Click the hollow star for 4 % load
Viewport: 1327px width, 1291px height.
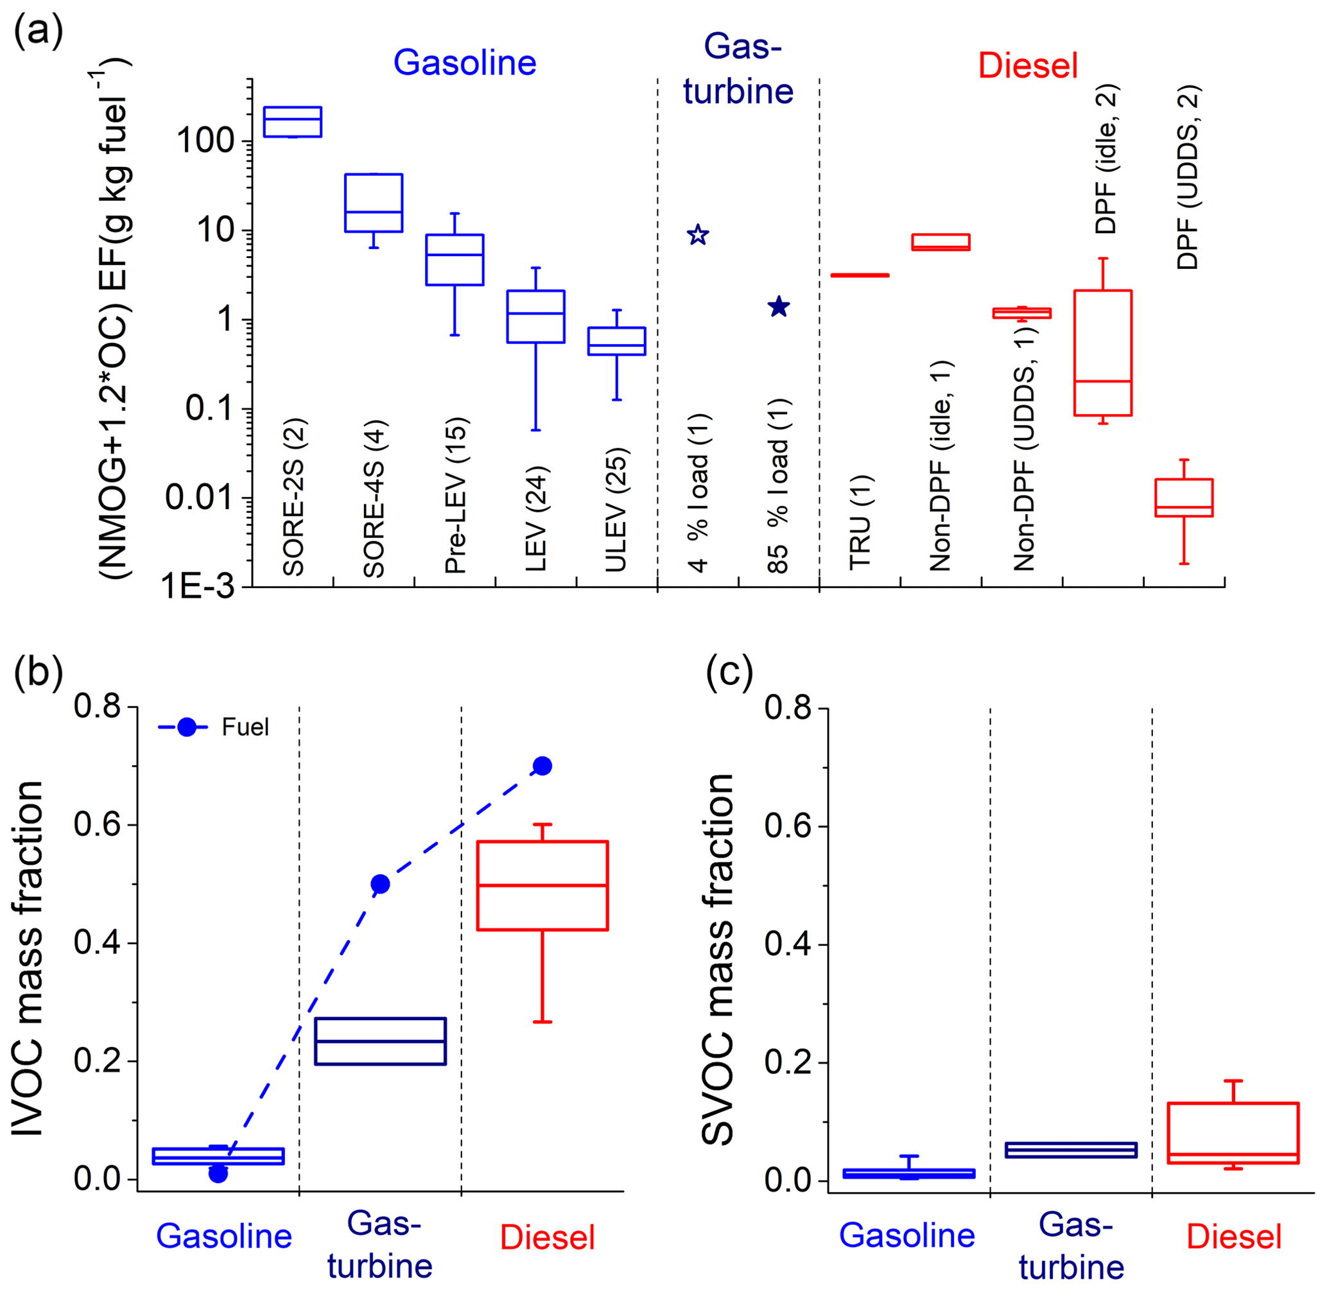(698, 236)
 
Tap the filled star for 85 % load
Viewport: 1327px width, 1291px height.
(779, 306)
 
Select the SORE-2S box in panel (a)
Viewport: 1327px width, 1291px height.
(292, 122)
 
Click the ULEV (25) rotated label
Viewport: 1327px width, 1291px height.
(616, 510)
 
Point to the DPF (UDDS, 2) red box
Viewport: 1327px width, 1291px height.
(1184, 498)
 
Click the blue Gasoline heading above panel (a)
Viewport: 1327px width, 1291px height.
(465, 63)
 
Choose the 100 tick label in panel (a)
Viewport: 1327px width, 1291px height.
(205, 142)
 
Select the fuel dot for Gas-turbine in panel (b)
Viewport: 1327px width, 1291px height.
(381, 884)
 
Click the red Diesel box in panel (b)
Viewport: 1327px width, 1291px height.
(542, 885)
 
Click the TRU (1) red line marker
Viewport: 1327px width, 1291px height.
(859, 275)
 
